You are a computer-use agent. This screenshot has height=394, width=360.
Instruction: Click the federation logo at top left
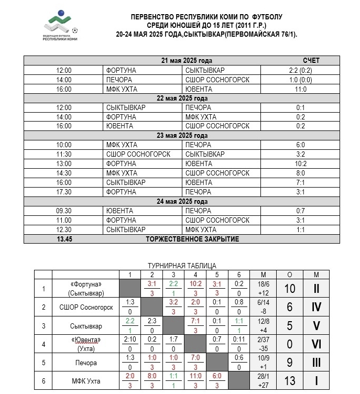tap(61, 28)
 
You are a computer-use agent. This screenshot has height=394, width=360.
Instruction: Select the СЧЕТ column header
tap(311, 61)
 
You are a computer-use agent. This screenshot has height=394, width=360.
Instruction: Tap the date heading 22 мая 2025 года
tap(182, 98)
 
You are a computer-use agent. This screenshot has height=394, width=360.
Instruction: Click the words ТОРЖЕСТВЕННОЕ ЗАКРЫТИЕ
tap(192, 239)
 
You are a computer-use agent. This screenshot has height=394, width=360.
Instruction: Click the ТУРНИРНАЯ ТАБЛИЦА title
tap(182, 266)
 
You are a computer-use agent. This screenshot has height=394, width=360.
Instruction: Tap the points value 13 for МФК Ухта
tap(289, 380)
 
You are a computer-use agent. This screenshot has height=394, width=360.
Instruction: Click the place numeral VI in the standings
tap(316, 344)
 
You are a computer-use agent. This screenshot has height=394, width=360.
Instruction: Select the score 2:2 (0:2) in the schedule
tap(300, 70)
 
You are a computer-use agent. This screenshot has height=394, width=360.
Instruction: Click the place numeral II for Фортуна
tap(316, 289)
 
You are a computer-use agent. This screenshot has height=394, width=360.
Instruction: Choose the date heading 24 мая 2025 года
tap(182, 201)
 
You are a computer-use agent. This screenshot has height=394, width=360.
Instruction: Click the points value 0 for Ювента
tap(289, 344)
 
